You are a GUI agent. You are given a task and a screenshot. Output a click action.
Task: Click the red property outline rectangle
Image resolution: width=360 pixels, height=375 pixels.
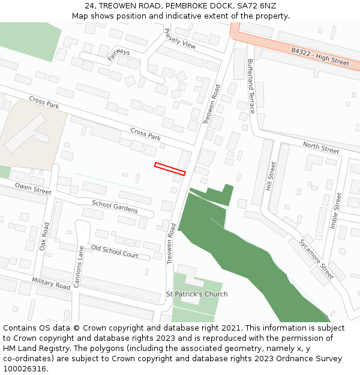170,169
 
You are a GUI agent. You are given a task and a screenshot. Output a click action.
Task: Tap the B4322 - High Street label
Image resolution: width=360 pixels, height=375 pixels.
320,58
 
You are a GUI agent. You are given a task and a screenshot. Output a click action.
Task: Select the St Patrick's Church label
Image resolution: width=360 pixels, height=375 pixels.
197,294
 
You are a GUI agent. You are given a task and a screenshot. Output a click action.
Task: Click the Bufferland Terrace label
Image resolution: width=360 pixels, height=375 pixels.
251,86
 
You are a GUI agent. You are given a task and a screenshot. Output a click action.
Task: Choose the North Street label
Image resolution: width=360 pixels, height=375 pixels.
320,148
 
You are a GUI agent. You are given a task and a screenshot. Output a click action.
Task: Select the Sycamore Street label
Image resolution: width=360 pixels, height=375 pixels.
316,259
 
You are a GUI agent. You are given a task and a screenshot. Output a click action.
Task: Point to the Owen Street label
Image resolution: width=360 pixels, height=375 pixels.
34,188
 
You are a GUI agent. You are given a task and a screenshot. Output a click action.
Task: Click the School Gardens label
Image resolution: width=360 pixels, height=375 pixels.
115,207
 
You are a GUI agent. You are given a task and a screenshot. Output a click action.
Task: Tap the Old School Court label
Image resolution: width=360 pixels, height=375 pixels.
115,251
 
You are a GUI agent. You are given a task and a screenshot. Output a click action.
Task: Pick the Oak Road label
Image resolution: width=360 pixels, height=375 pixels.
44,237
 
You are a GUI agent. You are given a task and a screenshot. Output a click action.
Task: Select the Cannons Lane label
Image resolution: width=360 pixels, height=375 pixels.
79,266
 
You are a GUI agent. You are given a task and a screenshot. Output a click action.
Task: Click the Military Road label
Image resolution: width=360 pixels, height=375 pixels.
52,284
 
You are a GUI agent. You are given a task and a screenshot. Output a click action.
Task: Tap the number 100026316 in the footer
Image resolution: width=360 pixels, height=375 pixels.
25,368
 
